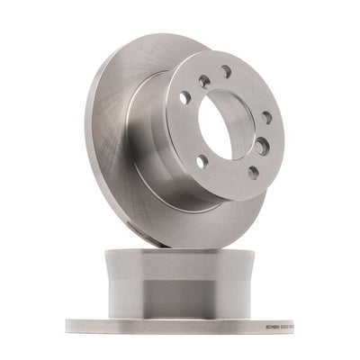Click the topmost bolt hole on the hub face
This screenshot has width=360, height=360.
(225, 71)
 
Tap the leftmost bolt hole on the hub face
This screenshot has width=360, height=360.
(184, 97)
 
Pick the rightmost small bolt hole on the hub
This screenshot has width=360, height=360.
(266, 117)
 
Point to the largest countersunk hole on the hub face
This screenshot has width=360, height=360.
(261, 146)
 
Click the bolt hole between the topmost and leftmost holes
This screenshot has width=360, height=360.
(204, 80)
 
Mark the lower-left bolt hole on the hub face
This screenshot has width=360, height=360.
(201, 162)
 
